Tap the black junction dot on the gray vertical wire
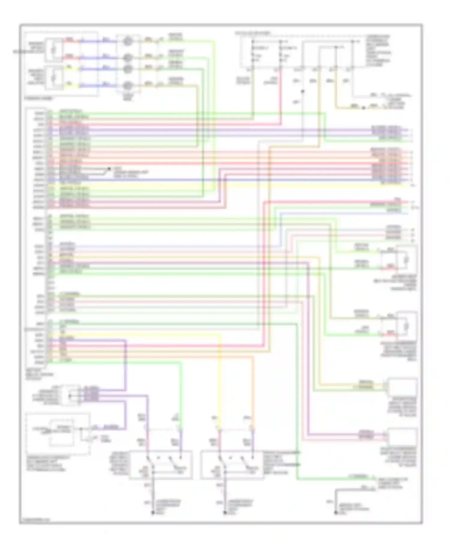click(303, 91)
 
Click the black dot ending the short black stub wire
click(109, 169)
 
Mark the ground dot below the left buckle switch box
click(153, 513)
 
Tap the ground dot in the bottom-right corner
click(335, 513)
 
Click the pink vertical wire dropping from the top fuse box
click(281, 96)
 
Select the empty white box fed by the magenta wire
click(402, 436)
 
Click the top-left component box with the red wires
click(54, 49)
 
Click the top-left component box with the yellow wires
click(54, 77)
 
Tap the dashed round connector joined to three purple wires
click(70, 395)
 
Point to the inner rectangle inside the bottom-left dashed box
click(61, 432)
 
